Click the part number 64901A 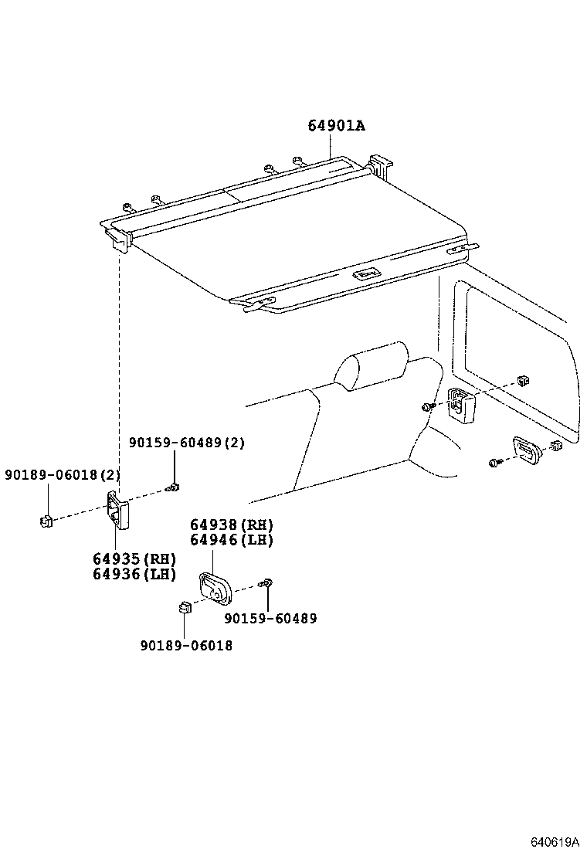click(x=336, y=125)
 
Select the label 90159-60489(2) click(x=186, y=443)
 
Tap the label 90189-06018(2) click(x=62, y=474)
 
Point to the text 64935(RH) click(x=134, y=559)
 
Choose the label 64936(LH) click(x=134, y=574)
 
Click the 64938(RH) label click(x=232, y=525)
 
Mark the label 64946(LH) click(x=232, y=540)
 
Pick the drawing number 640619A click(x=554, y=841)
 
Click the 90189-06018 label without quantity click(x=186, y=645)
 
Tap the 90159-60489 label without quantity click(x=270, y=618)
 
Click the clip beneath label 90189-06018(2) click(x=46, y=521)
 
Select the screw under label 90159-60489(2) click(x=173, y=487)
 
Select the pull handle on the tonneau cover click(x=366, y=273)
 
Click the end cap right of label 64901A click(x=381, y=165)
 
